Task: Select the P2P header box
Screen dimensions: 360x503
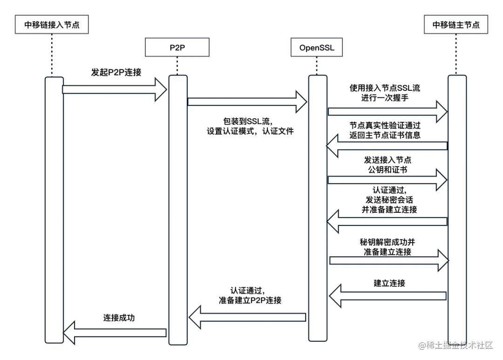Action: (x=177, y=47)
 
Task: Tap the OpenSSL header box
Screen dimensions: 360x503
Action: (x=317, y=47)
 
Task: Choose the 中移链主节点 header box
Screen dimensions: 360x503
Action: (x=456, y=24)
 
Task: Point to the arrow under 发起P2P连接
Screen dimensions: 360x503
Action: (x=115, y=89)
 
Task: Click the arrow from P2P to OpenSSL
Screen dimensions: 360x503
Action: (x=247, y=102)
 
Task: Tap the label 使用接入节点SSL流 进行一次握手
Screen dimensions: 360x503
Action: (x=385, y=93)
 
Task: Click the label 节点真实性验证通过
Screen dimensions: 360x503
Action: (x=385, y=126)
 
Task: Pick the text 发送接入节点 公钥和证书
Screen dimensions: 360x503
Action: (x=387, y=165)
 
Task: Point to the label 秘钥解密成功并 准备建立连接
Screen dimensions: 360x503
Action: (x=387, y=247)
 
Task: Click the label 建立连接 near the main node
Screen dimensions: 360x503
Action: (x=389, y=283)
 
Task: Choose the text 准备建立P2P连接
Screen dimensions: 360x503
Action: (x=250, y=300)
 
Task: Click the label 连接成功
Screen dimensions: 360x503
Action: (x=119, y=318)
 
